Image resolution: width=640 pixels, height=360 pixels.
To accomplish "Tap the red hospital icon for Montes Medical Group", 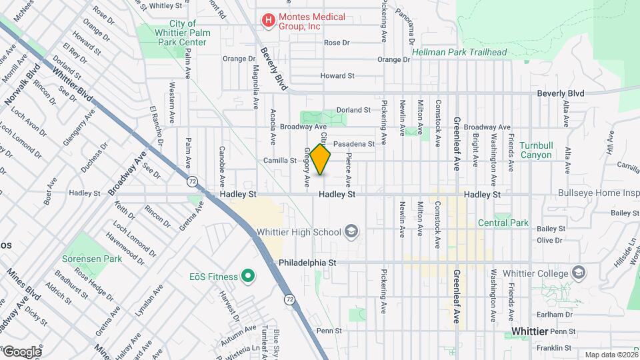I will (268, 21).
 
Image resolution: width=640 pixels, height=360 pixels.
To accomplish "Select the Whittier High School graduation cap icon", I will (351, 232).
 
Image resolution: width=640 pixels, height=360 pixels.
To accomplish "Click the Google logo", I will (21, 351).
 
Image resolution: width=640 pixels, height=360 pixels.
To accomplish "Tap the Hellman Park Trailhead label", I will (459, 52).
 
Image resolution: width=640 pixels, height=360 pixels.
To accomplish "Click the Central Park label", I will (503, 223).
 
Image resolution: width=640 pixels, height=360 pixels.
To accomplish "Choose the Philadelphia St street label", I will (307, 263).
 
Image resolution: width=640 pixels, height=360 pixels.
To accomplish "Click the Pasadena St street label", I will (354, 143).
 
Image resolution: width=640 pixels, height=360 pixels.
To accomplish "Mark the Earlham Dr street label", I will (559, 314).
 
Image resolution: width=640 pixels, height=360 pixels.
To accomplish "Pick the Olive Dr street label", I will (549, 240).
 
